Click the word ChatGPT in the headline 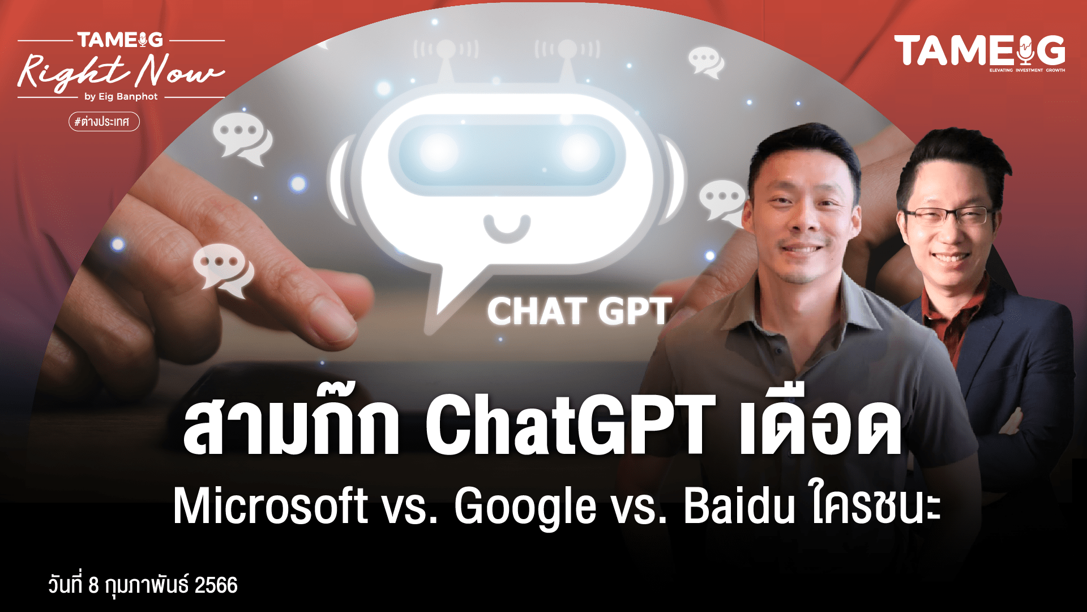pyautogui.click(x=571, y=425)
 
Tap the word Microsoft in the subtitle pyautogui.click(x=271, y=505)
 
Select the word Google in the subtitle pyautogui.click(x=525, y=508)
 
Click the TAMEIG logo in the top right pyautogui.click(x=979, y=52)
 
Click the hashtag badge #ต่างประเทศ pyautogui.click(x=104, y=121)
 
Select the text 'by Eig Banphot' pyautogui.click(x=121, y=97)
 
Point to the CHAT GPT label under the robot pyautogui.click(x=579, y=312)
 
